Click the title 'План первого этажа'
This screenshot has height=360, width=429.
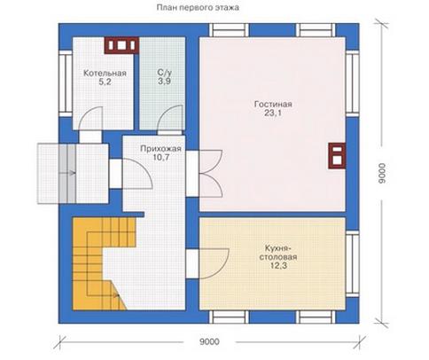tap(198, 8)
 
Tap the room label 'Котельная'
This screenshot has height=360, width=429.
tap(105, 73)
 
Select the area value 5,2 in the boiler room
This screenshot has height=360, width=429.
tap(105, 82)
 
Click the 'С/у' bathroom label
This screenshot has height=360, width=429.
tap(164, 73)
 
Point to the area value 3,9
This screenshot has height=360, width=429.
tap(164, 82)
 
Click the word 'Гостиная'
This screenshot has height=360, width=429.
tap(273, 104)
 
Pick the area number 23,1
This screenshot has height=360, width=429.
tap(273, 113)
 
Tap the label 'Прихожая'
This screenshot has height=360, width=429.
tap(160, 148)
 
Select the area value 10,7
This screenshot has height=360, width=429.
tap(161, 157)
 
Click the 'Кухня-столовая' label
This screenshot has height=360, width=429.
tap(278, 252)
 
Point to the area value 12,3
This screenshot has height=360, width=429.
tap(278, 266)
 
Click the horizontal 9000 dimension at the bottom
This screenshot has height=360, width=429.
tap(209, 341)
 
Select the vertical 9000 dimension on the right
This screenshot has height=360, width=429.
tap(382, 173)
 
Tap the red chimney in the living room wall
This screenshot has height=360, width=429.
tap(337, 156)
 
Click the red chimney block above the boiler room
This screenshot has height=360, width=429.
tap(121, 45)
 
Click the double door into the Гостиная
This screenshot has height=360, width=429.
tap(212, 174)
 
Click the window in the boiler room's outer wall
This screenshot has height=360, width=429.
tap(66, 83)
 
